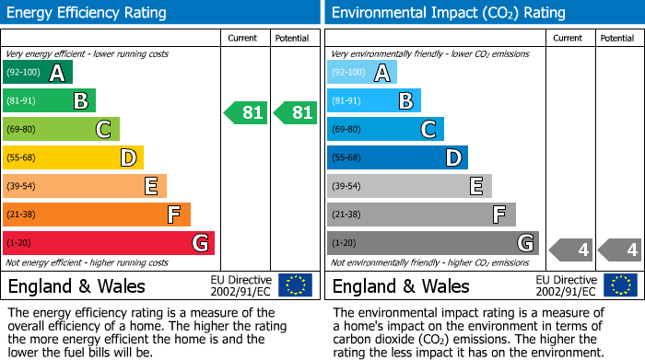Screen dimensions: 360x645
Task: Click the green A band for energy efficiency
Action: (38, 73)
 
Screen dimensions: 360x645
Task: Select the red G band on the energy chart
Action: (109, 243)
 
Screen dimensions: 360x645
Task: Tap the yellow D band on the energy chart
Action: (73, 157)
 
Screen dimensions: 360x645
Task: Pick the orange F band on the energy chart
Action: (97, 215)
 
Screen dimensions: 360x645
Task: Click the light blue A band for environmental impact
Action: (362, 73)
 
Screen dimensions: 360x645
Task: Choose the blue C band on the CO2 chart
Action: (385, 129)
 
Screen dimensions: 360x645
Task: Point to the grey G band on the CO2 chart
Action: (432, 243)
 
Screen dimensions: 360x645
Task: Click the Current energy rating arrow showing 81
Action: (246, 113)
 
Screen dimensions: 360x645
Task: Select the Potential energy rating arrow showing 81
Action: (295, 113)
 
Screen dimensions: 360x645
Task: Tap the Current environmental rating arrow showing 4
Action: (571, 250)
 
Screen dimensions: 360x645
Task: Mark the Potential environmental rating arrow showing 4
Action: (619, 250)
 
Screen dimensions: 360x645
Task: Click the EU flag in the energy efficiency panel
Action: (295, 285)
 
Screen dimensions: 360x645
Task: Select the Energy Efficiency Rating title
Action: (88, 13)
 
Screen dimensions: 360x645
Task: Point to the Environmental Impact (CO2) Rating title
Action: (448, 13)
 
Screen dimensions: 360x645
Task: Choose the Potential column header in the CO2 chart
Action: (616, 38)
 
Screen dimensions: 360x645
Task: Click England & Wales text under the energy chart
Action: (76, 285)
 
